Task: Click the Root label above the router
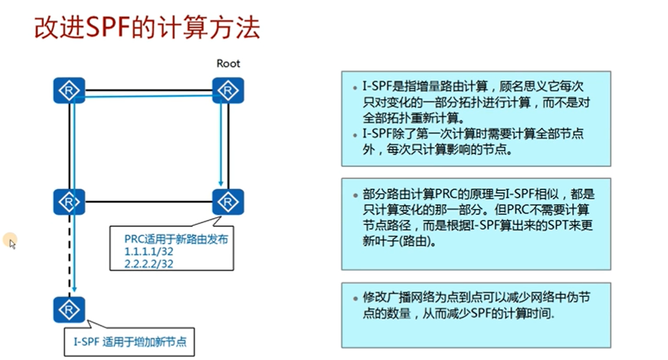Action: [228, 63]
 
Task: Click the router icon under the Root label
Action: [228, 90]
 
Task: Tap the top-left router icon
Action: [70, 90]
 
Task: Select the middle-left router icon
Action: [70, 202]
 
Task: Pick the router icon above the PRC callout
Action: [228, 202]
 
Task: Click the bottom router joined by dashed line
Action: [70, 309]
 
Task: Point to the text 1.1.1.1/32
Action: [149, 251]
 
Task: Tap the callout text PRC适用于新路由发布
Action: [176, 239]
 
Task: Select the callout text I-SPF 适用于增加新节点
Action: [130, 341]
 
